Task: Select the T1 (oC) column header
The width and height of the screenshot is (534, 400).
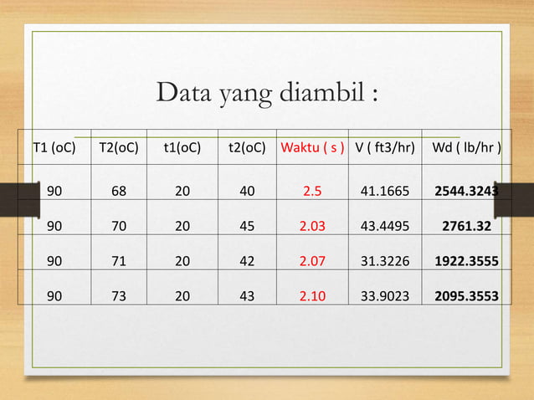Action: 54,149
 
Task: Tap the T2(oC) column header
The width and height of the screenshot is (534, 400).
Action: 119,149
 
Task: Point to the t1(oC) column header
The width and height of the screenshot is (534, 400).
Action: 182,149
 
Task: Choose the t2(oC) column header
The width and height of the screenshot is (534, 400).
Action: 247,149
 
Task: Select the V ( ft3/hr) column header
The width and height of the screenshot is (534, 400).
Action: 385,149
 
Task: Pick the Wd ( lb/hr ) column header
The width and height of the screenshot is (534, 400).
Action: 467,149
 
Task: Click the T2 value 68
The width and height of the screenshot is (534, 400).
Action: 119,191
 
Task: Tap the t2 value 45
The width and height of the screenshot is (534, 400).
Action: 247,226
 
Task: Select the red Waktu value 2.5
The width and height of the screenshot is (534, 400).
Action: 312,191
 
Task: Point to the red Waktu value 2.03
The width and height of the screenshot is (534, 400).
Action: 312,226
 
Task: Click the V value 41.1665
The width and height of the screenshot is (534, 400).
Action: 385,191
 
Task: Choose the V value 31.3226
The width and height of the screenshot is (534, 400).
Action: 385,261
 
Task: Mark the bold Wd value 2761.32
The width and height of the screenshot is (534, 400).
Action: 467,226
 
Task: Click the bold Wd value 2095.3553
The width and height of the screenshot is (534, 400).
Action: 467,295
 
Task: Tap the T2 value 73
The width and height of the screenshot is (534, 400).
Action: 119,295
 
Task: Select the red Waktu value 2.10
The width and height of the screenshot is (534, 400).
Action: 312,295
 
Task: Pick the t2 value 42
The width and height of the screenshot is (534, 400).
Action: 247,261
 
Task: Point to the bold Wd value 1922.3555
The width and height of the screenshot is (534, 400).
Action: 467,261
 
